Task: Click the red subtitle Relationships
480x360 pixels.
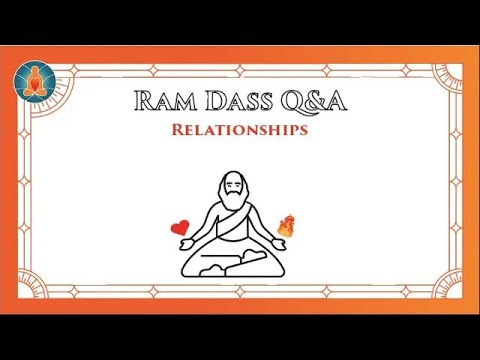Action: tap(238, 129)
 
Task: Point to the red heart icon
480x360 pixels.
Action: tap(180, 227)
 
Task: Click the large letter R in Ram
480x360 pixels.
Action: tap(139, 100)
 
